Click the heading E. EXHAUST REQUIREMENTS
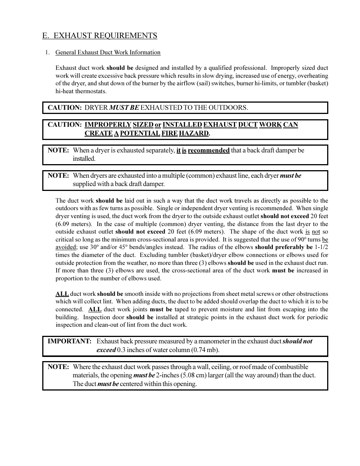coord(100,36)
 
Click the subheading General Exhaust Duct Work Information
coord(108,52)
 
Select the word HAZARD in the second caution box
coord(194,133)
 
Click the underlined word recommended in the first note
coord(209,150)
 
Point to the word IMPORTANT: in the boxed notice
coord(69,341)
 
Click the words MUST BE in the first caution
coord(124,108)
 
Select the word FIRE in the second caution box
coord(169,133)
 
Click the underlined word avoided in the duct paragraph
coord(66,247)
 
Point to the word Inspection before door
coord(96,317)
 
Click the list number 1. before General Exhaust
coord(47,52)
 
